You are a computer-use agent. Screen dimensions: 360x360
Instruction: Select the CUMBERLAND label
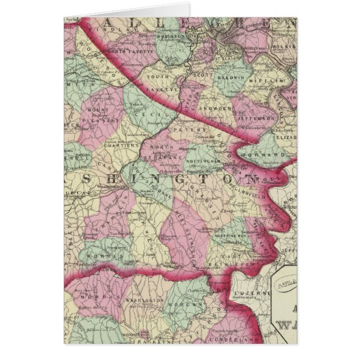click(246, 338)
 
